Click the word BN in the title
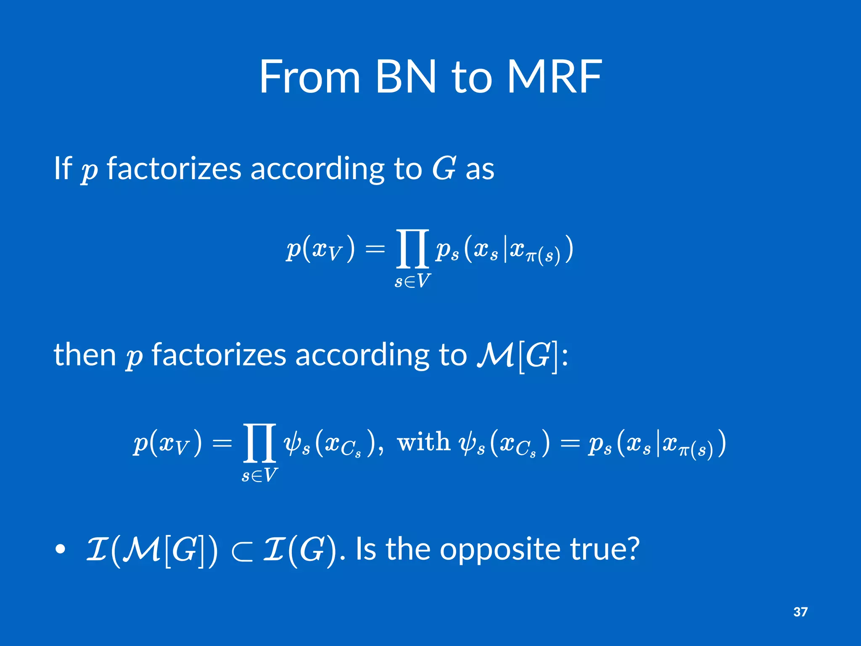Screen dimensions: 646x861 coord(405,77)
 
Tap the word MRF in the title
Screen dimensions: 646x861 coord(555,77)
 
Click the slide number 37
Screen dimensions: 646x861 coord(800,612)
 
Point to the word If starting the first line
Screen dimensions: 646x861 coord(63,168)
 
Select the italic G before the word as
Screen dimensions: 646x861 coord(444,168)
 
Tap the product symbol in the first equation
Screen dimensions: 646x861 coord(412,249)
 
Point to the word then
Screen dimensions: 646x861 coord(85,355)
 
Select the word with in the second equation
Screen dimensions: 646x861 coord(423,442)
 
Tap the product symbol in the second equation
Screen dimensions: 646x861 coord(259,443)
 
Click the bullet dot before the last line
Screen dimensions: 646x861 coord(61,549)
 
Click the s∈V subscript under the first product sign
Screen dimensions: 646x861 coord(412,281)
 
